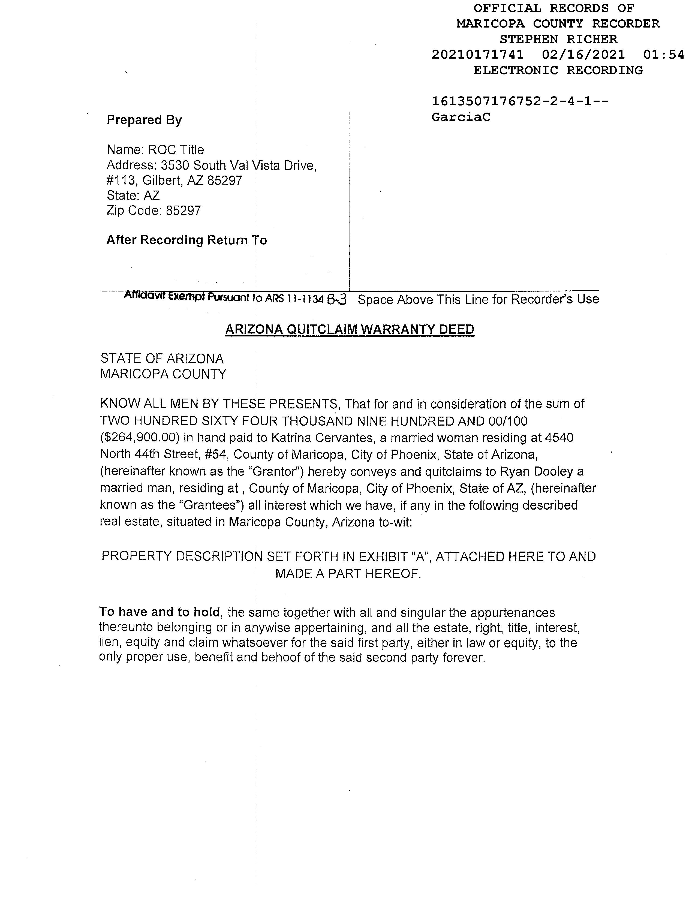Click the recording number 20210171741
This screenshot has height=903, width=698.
pos(478,55)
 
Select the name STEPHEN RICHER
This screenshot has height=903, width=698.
pos(558,39)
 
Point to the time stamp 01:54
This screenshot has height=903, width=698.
pos(664,55)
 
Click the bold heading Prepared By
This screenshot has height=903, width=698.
pos(144,120)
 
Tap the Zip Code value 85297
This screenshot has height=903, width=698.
pos(183,211)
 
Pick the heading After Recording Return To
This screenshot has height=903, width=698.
pos(186,240)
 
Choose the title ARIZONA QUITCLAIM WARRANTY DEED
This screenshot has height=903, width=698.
pos(350,330)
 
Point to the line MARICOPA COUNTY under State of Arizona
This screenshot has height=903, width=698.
pos(163,374)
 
